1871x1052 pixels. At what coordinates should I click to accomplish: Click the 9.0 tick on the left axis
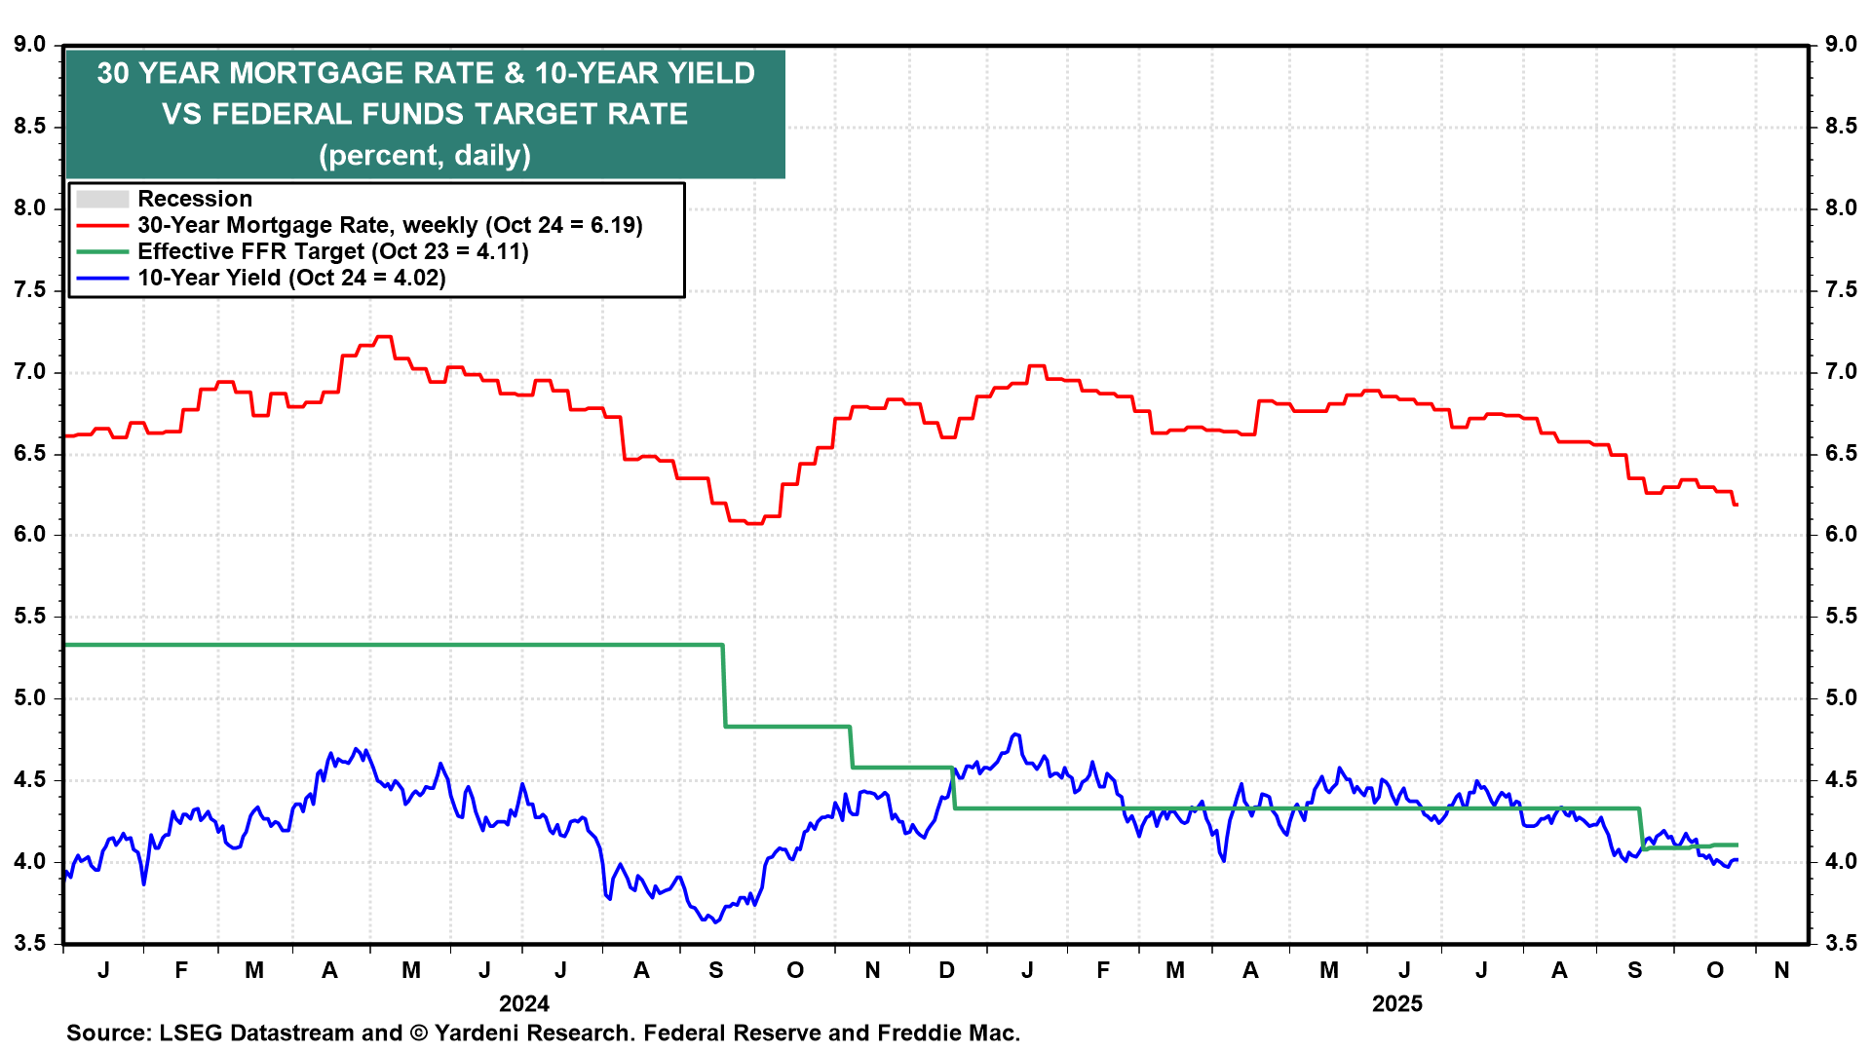click(x=30, y=45)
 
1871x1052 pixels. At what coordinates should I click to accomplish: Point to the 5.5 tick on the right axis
click(x=1841, y=617)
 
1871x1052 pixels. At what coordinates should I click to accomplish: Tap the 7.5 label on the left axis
click(x=30, y=290)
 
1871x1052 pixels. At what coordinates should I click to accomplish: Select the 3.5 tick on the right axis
click(x=1841, y=943)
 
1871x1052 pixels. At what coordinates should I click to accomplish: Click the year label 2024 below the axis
click(x=524, y=1004)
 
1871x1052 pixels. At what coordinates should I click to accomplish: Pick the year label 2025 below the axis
click(x=1397, y=1004)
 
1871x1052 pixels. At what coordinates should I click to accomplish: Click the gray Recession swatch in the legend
click(x=102, y=200)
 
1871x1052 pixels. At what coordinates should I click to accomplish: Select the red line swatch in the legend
click(x=102, y=226)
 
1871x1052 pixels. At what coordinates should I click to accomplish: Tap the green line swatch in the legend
click(x=102, y=252)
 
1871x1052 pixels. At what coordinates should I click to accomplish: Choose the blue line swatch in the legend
click(x=102, y=279)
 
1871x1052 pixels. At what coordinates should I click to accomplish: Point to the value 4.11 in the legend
click(x=498, y=252)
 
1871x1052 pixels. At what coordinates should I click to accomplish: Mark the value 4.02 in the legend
click(x=415, y=279)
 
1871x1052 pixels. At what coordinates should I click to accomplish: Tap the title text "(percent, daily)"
click(x=425, y=156)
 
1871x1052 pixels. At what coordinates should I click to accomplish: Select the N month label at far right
click(x=1781, y=970)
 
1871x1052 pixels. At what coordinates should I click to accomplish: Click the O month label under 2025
click(x=1715, y=970)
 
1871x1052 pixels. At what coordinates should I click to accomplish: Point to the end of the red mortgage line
click(x=1737, y=505)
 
